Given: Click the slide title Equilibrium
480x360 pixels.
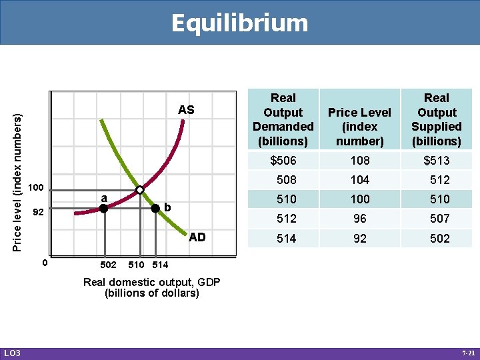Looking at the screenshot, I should (239, 23).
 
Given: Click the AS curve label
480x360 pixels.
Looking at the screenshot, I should (186, 110).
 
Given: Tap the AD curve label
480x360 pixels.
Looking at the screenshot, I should (197, 237).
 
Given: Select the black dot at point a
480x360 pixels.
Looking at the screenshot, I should (103, 209).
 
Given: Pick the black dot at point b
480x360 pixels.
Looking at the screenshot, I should (155, 208).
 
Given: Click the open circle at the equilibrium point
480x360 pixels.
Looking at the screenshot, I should (139, 191).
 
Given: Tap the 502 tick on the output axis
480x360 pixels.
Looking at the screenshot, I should (108, 265).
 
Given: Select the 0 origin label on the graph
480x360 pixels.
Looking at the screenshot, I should (44, 262).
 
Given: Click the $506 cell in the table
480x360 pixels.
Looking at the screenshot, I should (283, 161).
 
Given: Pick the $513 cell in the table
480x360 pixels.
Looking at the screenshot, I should (437, 161).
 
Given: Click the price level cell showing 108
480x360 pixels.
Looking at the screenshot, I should (359, 161).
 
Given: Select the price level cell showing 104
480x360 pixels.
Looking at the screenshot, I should (359, 180).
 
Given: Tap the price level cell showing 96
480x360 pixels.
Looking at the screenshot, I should (359, 219).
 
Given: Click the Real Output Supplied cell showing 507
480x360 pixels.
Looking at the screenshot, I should (439, 219).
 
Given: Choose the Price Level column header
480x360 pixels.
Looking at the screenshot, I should (359, 120).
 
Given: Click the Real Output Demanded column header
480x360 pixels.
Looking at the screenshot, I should (283, 120).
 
